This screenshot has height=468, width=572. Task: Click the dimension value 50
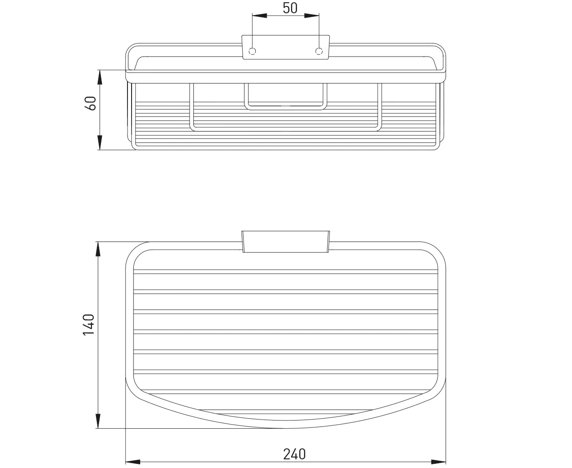click(x=290, y=8)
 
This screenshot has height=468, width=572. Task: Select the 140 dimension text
click(x=89, y=325)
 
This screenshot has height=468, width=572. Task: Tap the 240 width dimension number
click(x=294, y=454)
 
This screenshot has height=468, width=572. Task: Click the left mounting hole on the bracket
click(x=252, y=51)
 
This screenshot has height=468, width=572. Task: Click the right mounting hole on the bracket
click(x=319, y=51)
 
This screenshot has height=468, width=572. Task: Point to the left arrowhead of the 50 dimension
click(x=260, y=16)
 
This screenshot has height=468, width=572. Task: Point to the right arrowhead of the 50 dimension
click(x=312, y=16)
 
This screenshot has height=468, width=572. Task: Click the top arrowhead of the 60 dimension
click(x=100, y=77)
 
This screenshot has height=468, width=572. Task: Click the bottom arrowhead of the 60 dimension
click(x=100, y=142)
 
